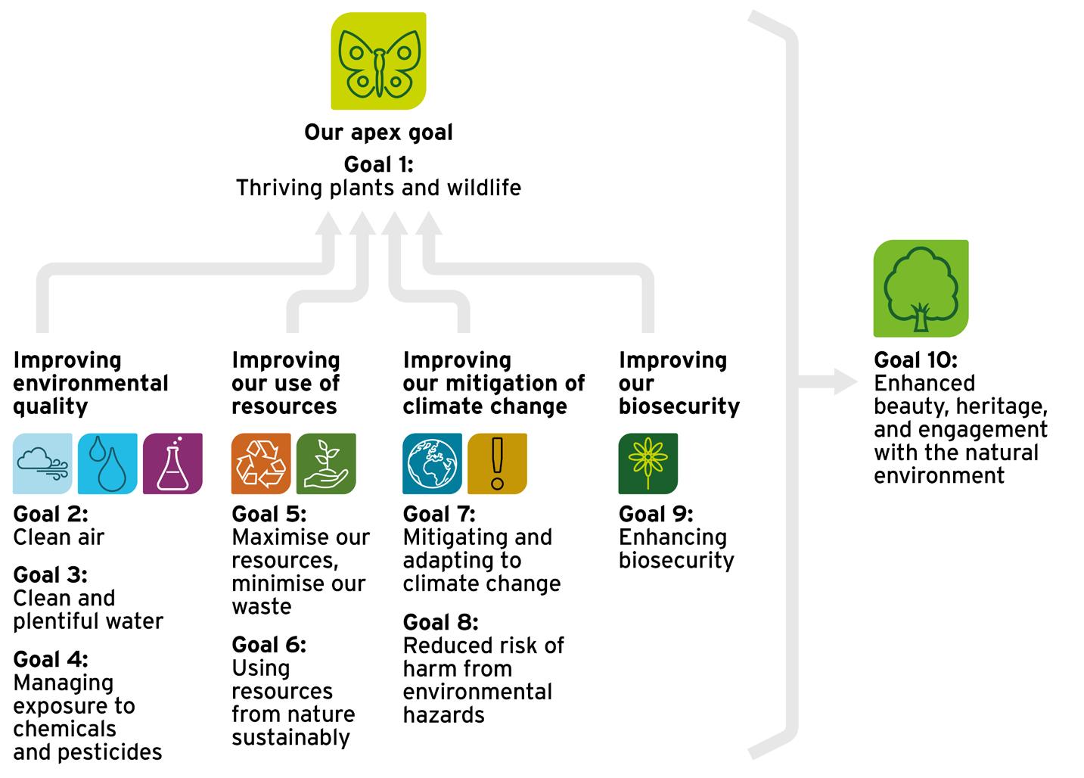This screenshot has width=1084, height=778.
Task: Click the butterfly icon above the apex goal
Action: click(x=378, y=61)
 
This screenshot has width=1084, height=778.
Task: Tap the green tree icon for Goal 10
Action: click(x=921, y=288)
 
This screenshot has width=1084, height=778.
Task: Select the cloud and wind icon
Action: click(x=42, y=463)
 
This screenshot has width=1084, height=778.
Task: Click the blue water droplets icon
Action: click(x=107, y=463)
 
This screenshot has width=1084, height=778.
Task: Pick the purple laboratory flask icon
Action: click(x=172, y=463)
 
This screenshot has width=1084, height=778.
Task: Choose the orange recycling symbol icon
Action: click(x=261, y=463)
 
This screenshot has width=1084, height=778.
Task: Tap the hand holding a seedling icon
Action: click(x=326, y=463)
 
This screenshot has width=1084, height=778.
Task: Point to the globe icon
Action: click(x=432, y=463)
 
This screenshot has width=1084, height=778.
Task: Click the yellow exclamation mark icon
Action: click(x=497, y=463)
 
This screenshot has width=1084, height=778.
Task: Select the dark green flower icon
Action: click(x=648, y=463)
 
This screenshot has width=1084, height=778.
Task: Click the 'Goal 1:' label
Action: click(x=378, y=164)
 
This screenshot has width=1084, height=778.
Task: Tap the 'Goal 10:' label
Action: click(x=915, y=359)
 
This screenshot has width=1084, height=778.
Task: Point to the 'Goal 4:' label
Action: click(x=51, y=659)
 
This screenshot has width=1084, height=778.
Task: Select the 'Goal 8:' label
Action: click(x=440, y=622)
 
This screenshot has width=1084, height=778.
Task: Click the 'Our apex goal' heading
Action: click(x=378, y=132)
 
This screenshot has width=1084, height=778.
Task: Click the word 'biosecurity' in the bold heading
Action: click(x=679, y=406)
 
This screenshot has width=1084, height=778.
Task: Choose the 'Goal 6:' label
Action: click(x=269, y=645)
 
